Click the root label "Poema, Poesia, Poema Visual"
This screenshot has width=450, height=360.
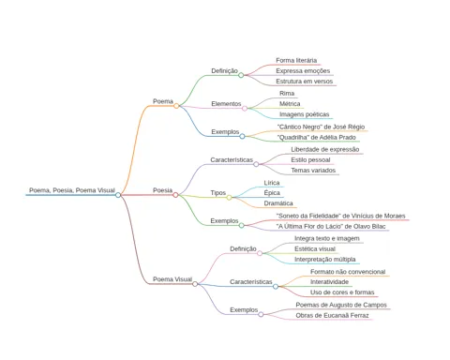click(x=72, y=190)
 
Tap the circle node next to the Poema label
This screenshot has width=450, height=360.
click(x=176, y=106)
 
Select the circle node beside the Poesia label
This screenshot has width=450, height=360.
click(x=175, y=195)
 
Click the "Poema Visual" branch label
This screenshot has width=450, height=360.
click(x=172, y=279)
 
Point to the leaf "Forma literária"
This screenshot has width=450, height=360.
click(x=296, y=60)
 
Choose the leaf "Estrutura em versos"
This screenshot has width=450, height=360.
click(x=305, y=82)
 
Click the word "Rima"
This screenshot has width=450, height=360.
click(x=287, y=94)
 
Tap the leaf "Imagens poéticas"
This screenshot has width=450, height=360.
click(x=305, y=114)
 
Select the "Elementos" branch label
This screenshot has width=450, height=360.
click(x=226, y=104)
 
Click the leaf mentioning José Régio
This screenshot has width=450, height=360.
click(x=321, y=127)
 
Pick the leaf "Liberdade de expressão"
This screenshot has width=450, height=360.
click(x=325, y=149)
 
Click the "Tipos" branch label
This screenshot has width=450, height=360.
click(x=218, y=193)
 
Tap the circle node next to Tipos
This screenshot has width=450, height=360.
click(x=229, y=198)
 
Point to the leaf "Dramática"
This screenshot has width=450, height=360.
click(x=278, y=203)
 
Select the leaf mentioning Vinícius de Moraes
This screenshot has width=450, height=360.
click(x=341, y=216)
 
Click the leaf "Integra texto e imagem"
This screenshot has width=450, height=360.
click(x=327, y=238)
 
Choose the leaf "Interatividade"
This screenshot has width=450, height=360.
click(x=329, y=282)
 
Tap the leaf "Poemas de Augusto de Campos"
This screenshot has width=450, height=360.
click(x=341, y=305)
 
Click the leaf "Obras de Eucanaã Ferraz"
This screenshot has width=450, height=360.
click(x=332, y=316)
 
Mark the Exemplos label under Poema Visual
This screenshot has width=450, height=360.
click(x=244, y=310)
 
